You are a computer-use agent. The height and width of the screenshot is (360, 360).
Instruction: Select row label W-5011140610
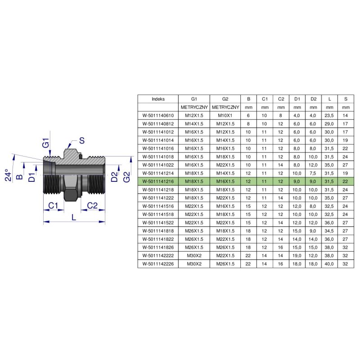tap(158, 116)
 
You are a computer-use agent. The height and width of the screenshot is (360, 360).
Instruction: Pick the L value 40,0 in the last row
tap(329, 264)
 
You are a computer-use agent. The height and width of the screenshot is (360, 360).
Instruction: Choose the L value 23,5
tap(329, 116)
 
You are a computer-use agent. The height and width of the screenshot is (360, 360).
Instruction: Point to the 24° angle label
tap(8, 175)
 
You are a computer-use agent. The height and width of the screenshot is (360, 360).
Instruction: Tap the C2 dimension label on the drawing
tap(92, 206)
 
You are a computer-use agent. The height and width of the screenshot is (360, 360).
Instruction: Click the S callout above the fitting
tap(82, 140)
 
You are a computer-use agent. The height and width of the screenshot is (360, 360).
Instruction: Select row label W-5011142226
tap(158, 264)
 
